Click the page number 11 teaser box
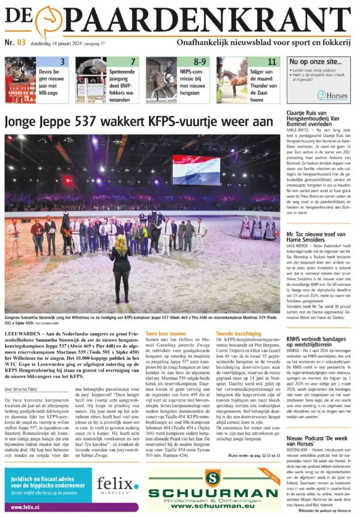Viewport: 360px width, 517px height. [x=272, y=62]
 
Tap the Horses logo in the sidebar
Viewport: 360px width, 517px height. [x=334, y=96]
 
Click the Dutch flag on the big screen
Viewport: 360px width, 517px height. [x=196, y=169]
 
